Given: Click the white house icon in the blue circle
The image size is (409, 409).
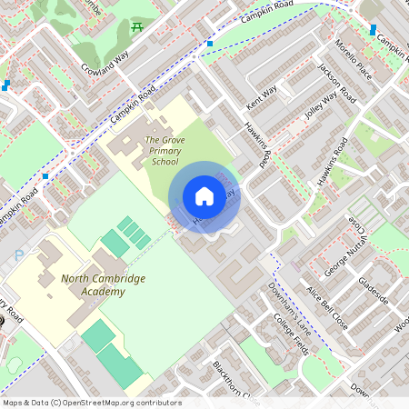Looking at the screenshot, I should tap(204, 195).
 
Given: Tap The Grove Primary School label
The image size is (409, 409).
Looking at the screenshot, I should tap(165, 151).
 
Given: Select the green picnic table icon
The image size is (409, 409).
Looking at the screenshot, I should tap(137, 27).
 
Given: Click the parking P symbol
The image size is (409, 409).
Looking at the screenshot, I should tap(18, 257).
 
